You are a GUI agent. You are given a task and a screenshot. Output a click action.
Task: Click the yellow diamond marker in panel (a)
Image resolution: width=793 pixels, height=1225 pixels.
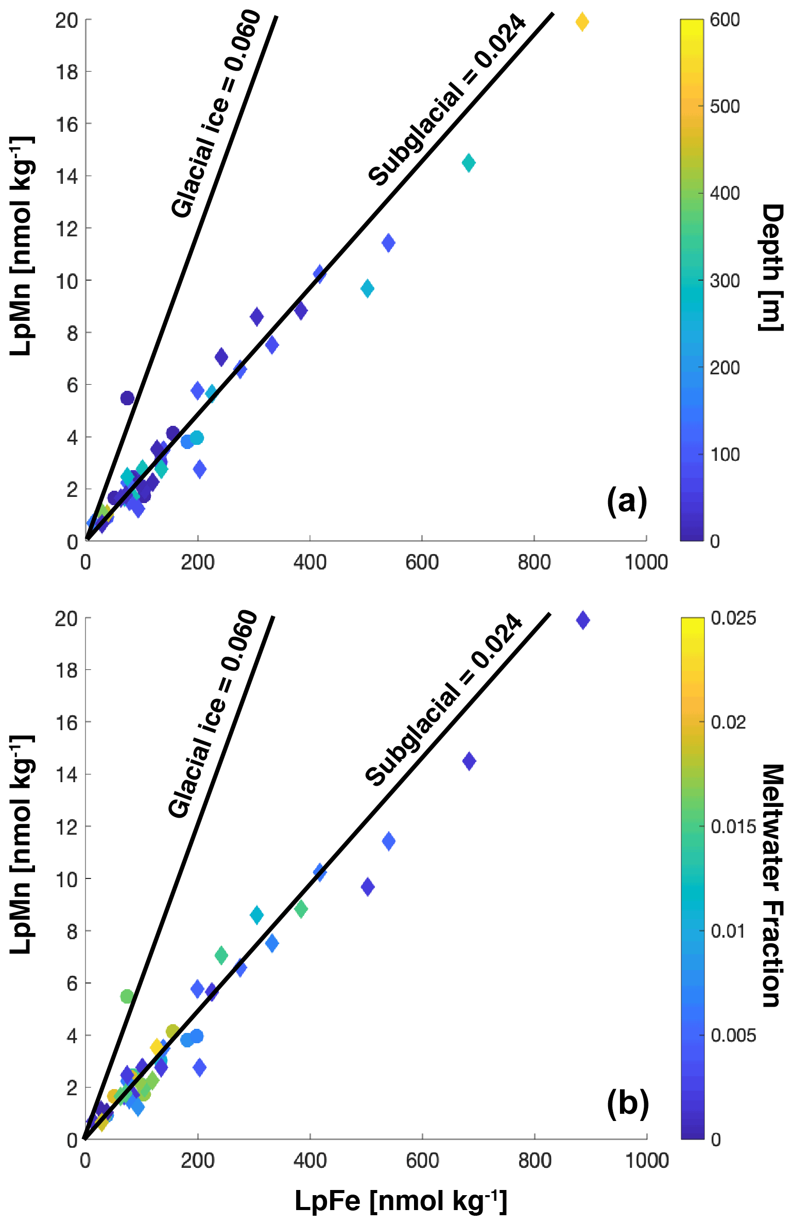pos(582,22)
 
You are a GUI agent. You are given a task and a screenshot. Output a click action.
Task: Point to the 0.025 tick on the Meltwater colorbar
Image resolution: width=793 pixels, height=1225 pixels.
pos(733,618)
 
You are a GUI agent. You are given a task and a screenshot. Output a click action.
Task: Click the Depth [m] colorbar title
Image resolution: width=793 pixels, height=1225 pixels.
pos(771,267)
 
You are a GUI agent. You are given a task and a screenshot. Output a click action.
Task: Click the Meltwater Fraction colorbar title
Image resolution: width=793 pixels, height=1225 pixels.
pos(771,886)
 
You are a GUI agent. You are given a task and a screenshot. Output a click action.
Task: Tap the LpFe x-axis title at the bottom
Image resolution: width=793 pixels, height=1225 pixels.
pos(401,1201)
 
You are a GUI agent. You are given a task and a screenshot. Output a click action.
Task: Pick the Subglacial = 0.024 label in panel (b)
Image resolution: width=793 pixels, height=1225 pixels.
pos(444,700)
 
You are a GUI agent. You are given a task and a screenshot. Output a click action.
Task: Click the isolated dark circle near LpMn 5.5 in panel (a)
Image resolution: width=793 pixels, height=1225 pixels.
pos(127,398)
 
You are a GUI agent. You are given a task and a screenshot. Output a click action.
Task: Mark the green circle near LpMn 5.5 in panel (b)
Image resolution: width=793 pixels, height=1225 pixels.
pos(127,996)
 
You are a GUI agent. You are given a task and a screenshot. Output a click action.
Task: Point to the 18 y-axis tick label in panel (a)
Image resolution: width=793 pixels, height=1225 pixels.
pos(67,72)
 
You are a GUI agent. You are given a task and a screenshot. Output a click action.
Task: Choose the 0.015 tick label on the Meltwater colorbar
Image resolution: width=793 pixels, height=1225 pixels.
pos(733,827)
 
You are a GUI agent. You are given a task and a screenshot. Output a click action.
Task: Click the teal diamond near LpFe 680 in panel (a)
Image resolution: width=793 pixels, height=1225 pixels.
pos(469,163)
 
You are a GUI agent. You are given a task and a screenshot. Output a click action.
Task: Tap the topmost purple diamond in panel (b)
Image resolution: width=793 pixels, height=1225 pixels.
pos(582,620)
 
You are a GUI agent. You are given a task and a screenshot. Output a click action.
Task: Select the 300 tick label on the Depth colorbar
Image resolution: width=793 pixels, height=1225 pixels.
pos(725,281)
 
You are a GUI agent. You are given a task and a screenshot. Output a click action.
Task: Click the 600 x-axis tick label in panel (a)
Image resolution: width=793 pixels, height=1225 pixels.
pos(422,562)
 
